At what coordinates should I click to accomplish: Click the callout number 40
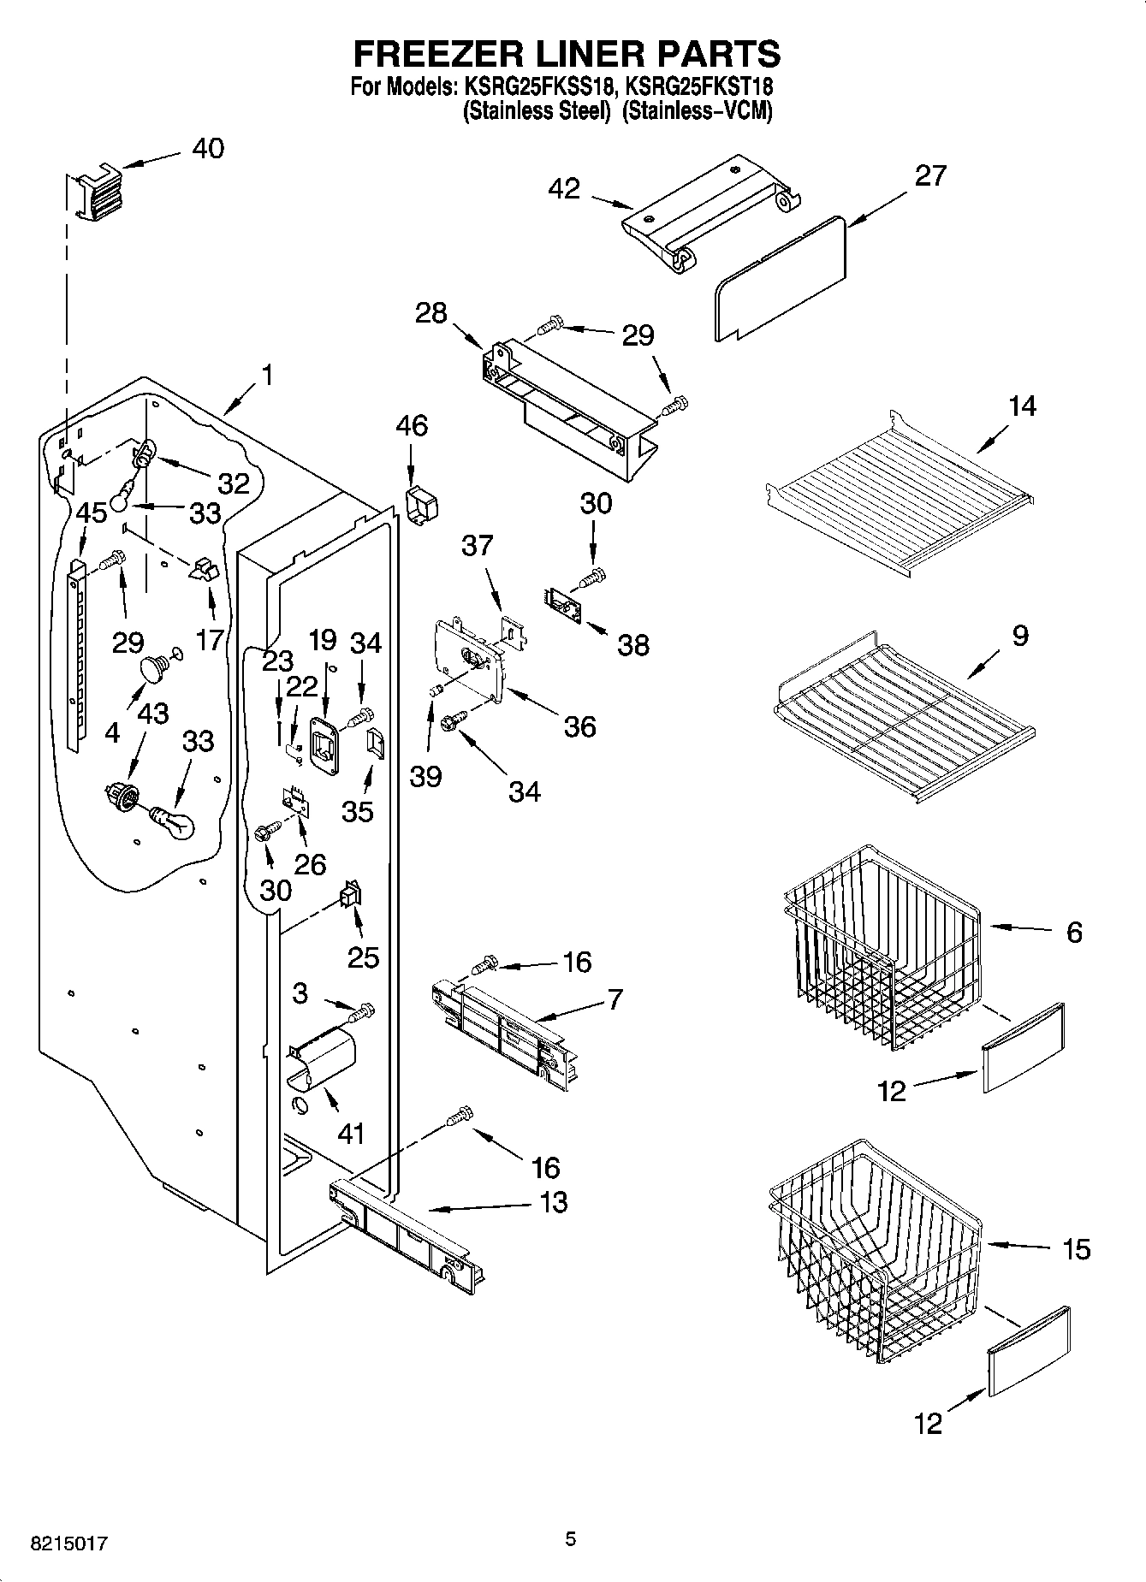[207, 149]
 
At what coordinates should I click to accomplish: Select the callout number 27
[930, 175]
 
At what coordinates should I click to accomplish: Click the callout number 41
[351, 1134]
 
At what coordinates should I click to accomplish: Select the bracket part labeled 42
[710, 214]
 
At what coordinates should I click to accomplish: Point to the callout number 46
[412, 425]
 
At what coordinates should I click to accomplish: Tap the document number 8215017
[68, 1543]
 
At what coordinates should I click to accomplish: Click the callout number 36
[579, 727]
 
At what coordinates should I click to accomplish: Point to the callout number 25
[363, 957]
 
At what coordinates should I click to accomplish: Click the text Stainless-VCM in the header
[697, 111]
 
